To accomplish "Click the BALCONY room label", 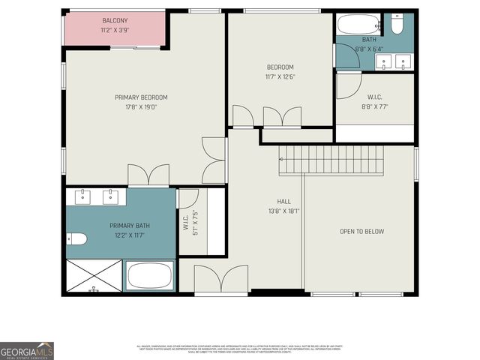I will pos(115,20).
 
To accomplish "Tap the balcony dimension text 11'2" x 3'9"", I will pos(115,31).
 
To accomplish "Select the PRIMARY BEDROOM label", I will pos(141,97).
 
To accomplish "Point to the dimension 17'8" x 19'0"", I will pos(141,107).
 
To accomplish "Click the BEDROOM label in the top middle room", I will pos(280,67).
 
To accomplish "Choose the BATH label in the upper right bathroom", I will pos(369,40).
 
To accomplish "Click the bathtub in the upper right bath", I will pos(358,24).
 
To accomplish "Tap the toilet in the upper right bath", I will pos(397,25).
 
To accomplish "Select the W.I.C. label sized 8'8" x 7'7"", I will pos(376,97).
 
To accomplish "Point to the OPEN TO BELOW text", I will pos(361,232).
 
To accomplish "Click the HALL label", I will pos(284,202).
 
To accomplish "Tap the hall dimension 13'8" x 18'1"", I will pos(284,211).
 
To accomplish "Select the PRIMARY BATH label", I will pos(130,226).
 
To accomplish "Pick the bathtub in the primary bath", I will pos(150,275).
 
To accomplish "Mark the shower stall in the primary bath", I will pos(94,277).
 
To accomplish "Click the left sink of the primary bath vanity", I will pos(84,197).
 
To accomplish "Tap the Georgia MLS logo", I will pos(27,350).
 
